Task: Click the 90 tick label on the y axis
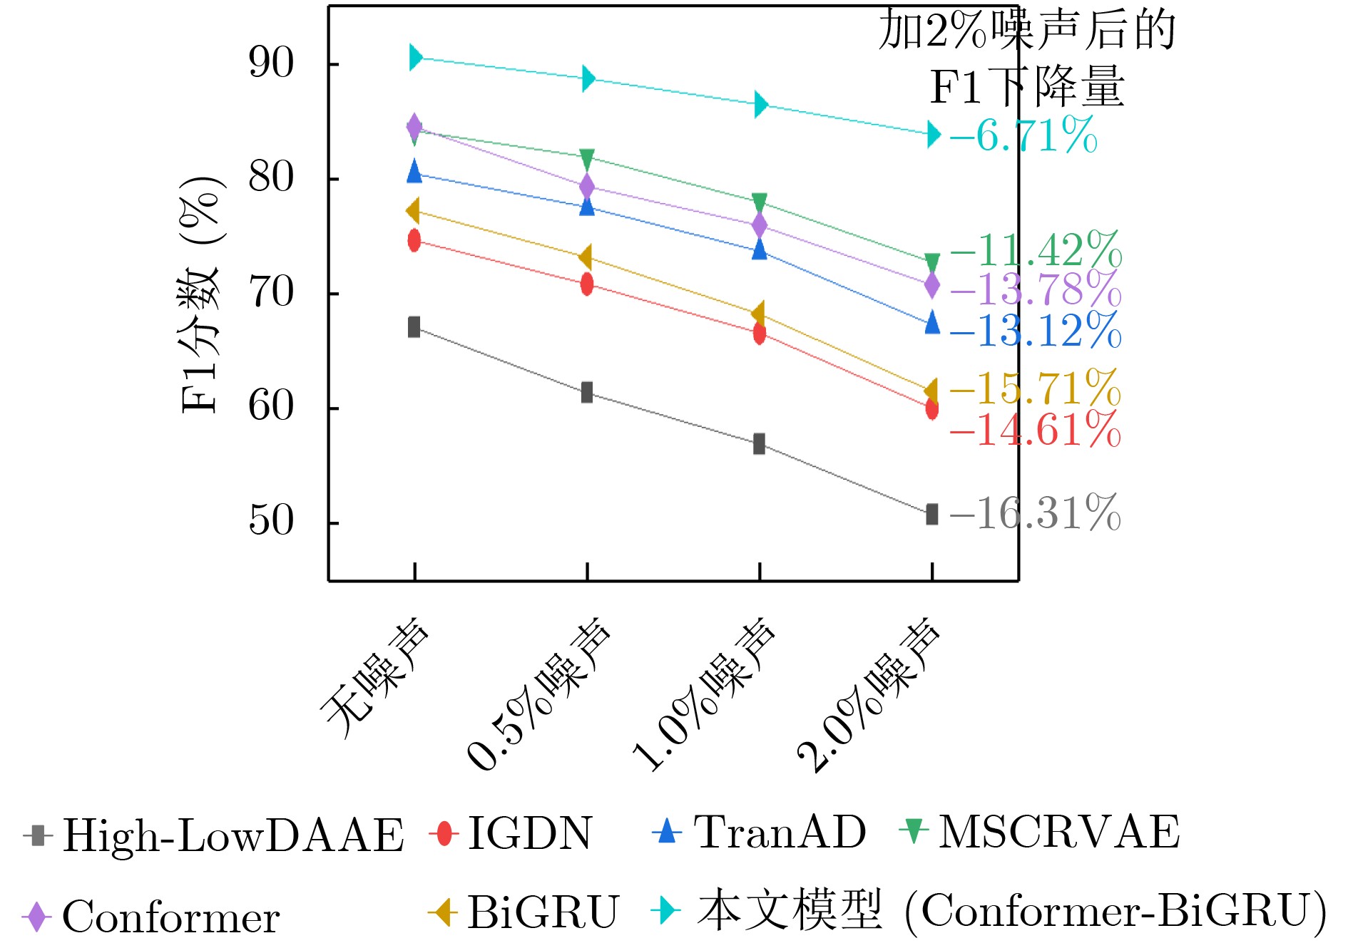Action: pos(271,63)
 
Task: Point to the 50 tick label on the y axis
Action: pos(271,521)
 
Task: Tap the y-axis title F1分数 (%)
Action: pos(200,294)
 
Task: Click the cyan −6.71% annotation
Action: pos(1023,135)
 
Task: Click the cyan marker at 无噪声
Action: pos(415,58)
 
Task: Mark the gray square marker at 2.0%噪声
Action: pos(932,514)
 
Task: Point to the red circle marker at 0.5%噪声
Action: pos(587,284)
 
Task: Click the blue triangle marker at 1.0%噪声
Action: pos(760,249)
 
